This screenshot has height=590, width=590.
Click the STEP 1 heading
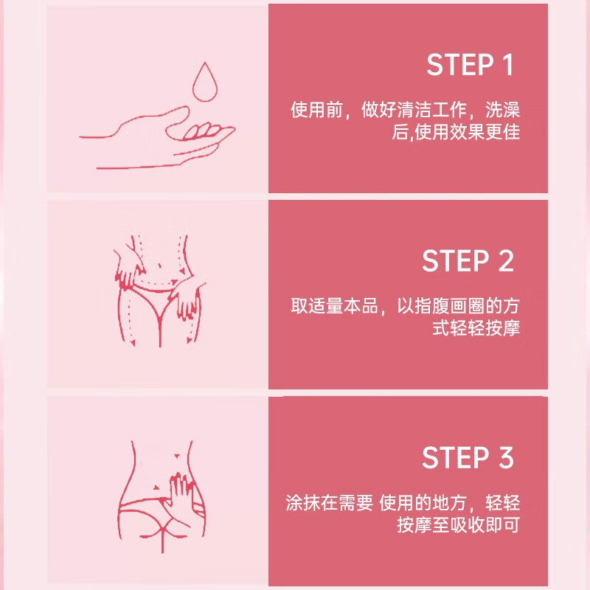[x=470, y=65]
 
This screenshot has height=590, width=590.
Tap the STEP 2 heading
[x=468, y=260]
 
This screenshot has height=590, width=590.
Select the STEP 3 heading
[x=468, y=457]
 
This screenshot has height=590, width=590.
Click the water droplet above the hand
[x=205, y=82]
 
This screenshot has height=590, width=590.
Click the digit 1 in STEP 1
[x=508, y=65]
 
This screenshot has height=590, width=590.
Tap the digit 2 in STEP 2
[x=506, y=260]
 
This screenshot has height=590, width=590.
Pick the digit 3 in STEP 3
[x=507, y=457]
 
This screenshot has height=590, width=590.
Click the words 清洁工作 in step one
[x=431, y=109]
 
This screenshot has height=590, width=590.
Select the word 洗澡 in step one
[x=502, y=109]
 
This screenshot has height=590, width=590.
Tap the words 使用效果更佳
[x=467, y=132]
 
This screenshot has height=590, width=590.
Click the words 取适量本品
[x=334, y=305]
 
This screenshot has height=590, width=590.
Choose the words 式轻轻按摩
[x=476, y=327]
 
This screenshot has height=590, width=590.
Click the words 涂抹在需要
[x=329, y=502]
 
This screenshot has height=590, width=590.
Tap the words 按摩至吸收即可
[x=458, y=524]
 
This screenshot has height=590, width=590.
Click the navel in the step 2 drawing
[x=160, y=266]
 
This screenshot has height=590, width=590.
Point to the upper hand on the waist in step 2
[x=128, y=265]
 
